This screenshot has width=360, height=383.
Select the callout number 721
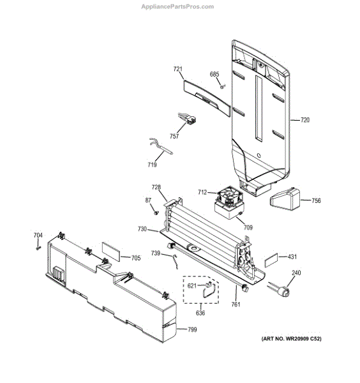(178, 68)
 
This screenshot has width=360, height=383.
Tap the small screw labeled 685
(221, 86)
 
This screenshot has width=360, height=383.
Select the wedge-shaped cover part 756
(288, 200)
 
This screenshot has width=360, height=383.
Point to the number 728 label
(156, 187)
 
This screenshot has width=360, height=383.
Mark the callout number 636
(200, 313)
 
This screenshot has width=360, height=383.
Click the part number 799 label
(191, 330)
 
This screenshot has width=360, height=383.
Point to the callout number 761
(236, 305)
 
